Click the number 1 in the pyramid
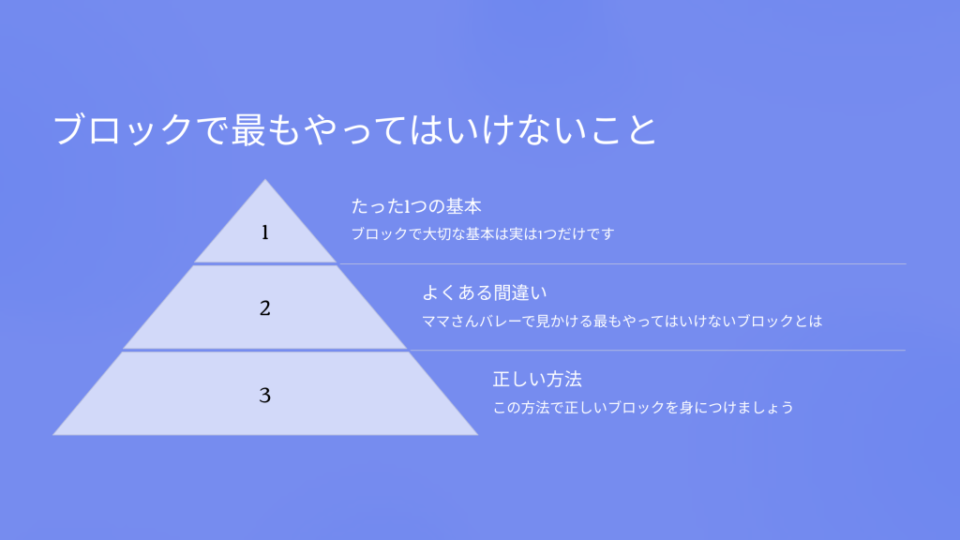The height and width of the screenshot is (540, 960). tap(265, 232)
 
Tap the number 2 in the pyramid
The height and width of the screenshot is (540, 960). tap(265, 307)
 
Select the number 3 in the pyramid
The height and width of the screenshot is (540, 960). tap(265, 395)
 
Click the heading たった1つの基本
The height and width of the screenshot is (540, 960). tap(416, 206)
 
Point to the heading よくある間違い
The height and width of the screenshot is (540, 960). tap(485, 292)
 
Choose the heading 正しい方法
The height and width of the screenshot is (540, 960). tap(537, 379)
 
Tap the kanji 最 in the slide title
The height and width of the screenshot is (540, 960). tap(248, 129)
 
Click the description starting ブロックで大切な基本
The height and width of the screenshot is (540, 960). tap(483, 233)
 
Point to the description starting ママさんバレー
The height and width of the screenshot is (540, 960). tap(622, 321)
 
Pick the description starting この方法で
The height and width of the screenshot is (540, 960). tap(643, 407)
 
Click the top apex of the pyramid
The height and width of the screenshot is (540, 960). tap(265, 179)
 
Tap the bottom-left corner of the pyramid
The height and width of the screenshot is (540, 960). tap(53, 435)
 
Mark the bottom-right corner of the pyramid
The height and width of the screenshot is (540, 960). tap(477, 435)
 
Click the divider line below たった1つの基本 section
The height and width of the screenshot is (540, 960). tap(622, 263)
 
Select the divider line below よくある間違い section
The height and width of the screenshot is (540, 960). tap(657, 351)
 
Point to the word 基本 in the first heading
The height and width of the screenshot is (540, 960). tap(464, 206)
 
